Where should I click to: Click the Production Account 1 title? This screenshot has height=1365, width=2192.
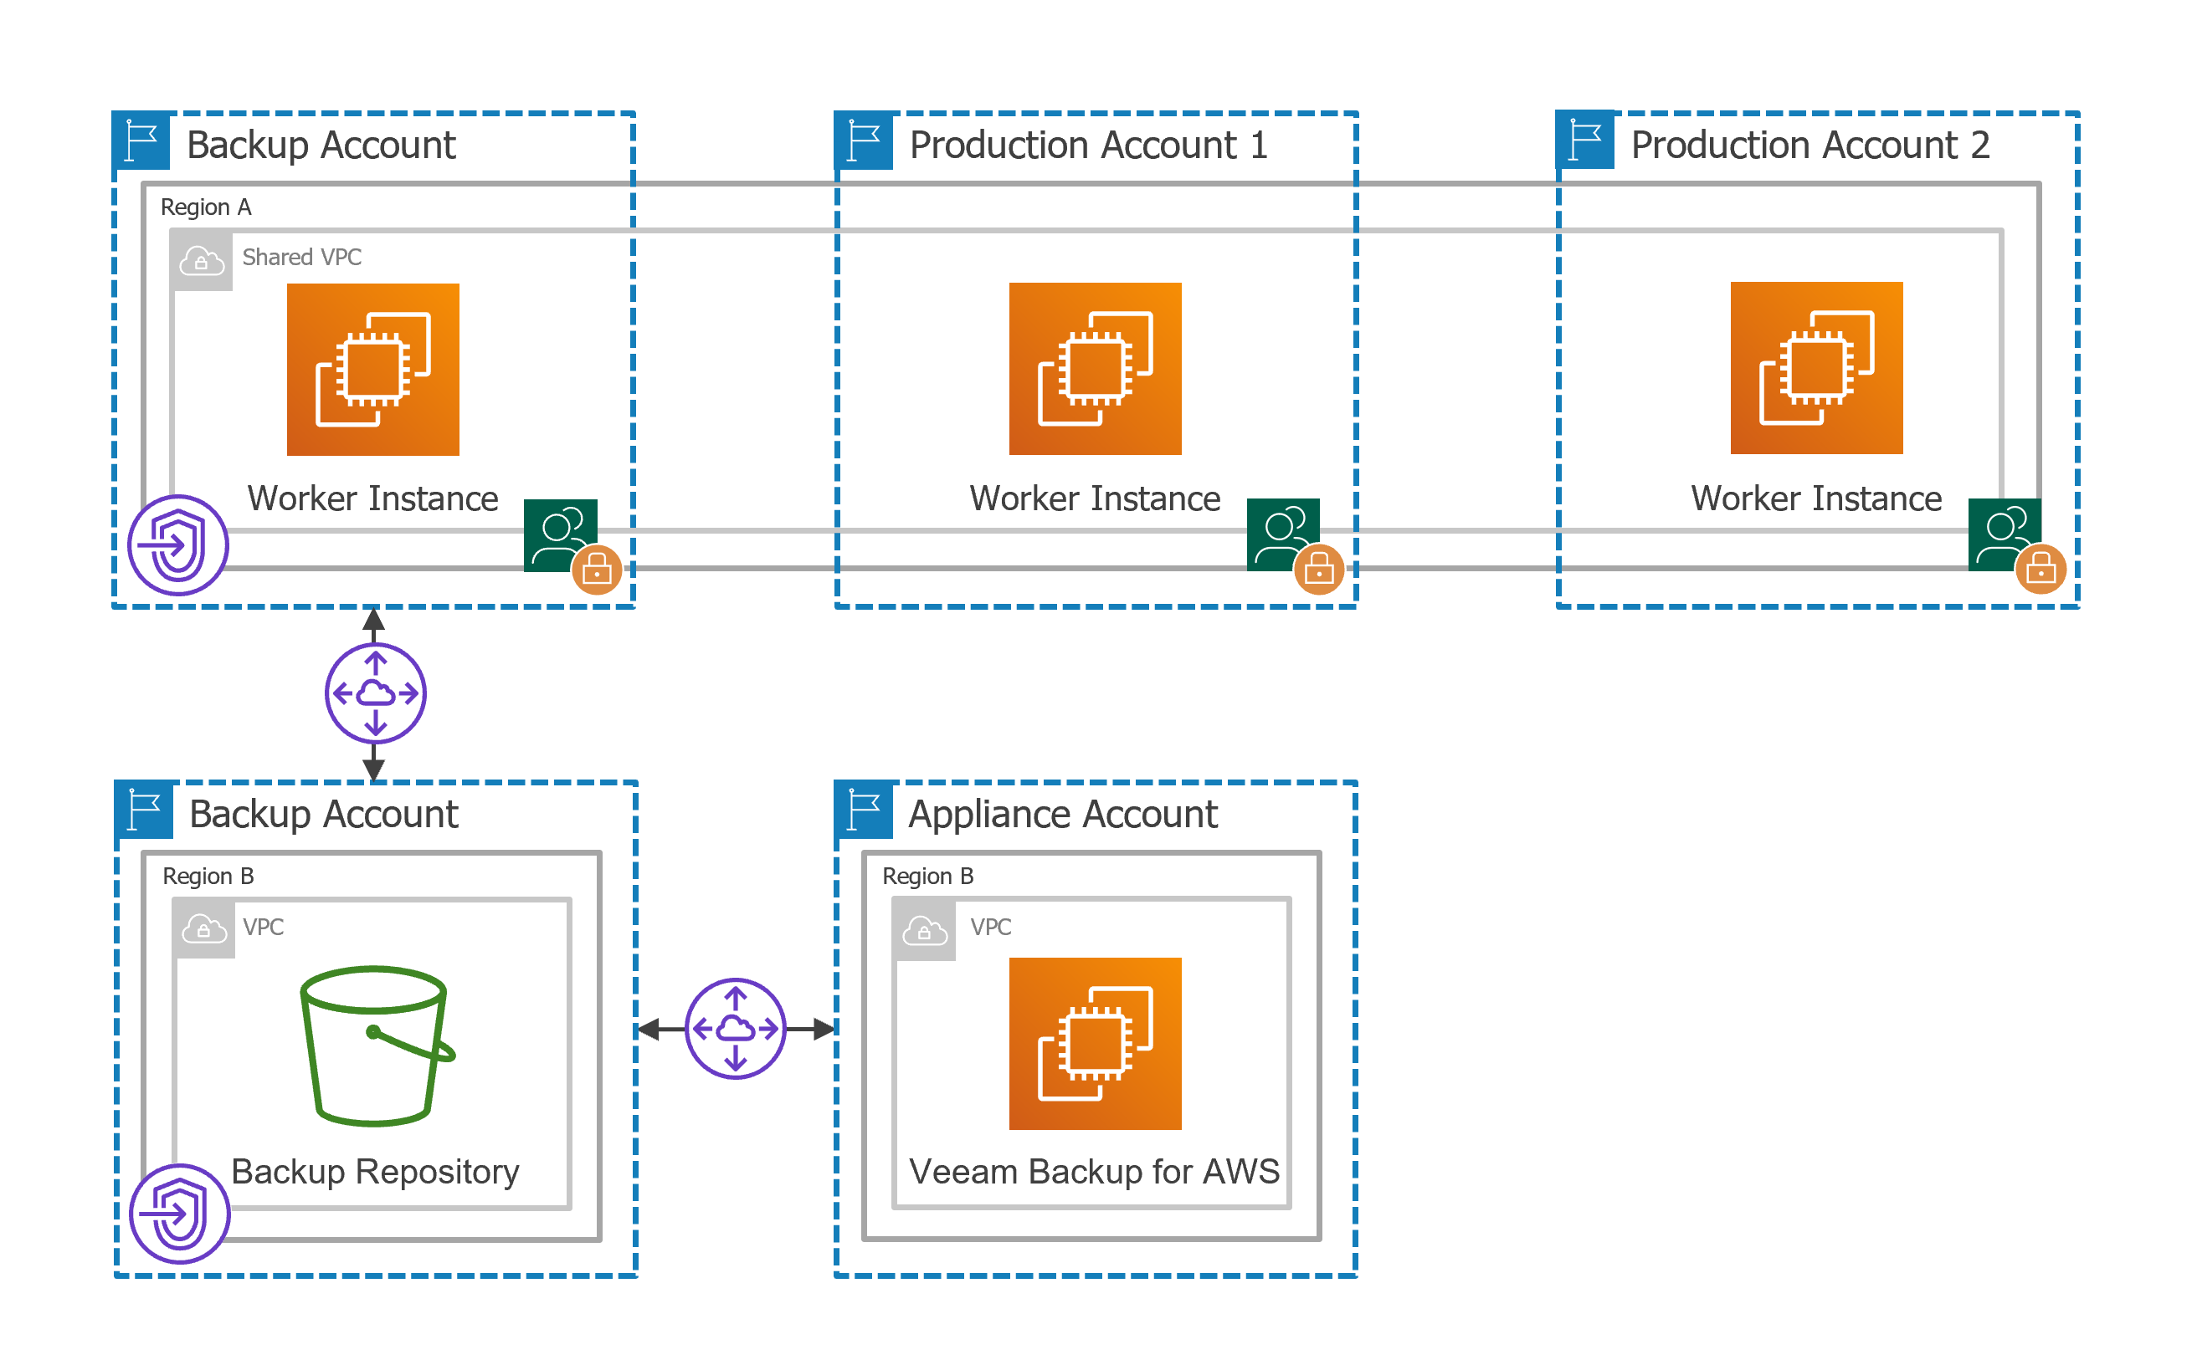pyautogui.click(x=1087, y=146)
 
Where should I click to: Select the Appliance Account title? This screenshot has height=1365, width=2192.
pyautogui.click(x=1062, y=815)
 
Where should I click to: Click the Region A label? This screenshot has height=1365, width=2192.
pyautogui.click(x=206, y=207)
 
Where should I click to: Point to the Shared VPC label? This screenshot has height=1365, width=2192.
pyautogui.click(x=301, y=258)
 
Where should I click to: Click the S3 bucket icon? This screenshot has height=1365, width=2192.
pyautogui.click(x=375, y=1045)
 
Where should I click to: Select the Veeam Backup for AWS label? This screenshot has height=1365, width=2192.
pyautogui.click(x=1094, y=1171)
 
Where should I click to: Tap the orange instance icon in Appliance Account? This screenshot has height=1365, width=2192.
pyautogui.click(x=1095, y=1044)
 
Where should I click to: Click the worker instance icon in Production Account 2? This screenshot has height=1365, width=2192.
pyautogui.click(x=1815, y=368)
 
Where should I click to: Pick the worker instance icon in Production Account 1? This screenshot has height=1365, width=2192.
pyautogui.click(x=1095, y=368)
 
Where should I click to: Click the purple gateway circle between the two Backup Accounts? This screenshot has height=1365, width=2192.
pyautogui.click(x=375, y=693)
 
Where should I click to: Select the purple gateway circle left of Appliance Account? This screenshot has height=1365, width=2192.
pyautogui.click(x=735, y=1028)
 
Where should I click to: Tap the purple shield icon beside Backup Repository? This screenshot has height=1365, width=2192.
pyautogui.click(x=180, y=1214)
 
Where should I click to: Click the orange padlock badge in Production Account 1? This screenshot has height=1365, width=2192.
pyautogui.click(x=1319, y=570)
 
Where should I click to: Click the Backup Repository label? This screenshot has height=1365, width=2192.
pyautogui.click(x=375, y=1171)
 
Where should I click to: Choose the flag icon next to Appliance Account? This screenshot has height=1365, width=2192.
pyautogui.click(x=865, y=808)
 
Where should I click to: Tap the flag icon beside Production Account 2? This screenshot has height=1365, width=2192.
pyautogui.click(x=1585, y=140)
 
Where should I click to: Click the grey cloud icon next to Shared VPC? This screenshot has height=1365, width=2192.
pyautogui.click(x=202, y=261)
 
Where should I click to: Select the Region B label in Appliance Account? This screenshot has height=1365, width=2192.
pyautogui.click(x=927, y=877)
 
